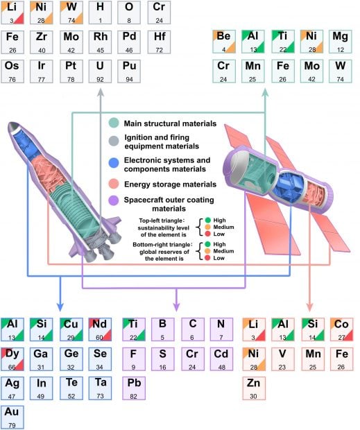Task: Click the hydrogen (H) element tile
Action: (101, 12)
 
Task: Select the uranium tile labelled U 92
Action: (101, 71)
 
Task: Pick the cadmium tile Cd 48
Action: (221, 358)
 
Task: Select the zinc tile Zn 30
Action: (255, 387)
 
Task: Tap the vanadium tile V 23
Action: (284, 358)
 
